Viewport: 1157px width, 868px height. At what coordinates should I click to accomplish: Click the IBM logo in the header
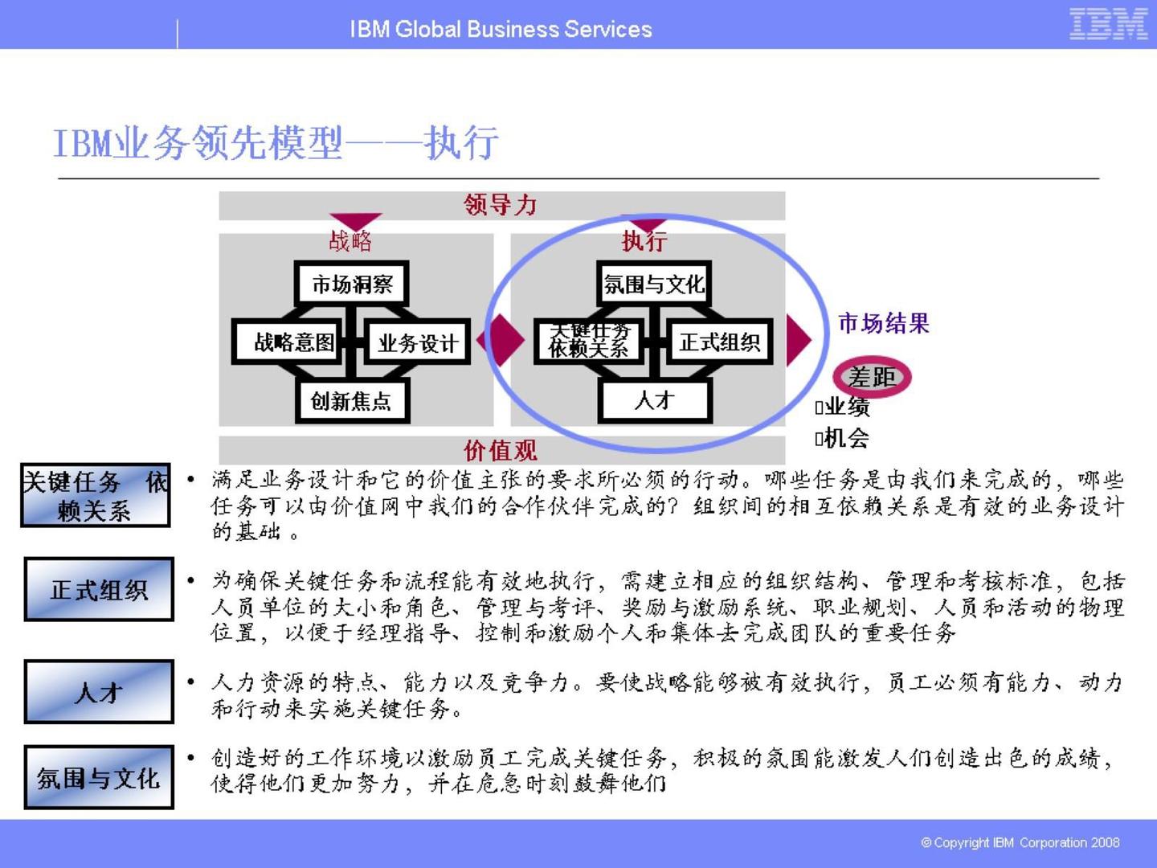click(x=1108, y=24)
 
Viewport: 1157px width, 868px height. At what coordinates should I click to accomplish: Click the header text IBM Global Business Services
click(x=501, y=30)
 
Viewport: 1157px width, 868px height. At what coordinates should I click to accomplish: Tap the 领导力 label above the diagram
click(x=501, y=205)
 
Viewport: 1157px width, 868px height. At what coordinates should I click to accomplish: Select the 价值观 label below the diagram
click(x=501, y=450)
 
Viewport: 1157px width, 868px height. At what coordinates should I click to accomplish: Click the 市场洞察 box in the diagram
click(x=352, y=284)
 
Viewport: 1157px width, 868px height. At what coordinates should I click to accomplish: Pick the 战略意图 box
click(x=293, y=342)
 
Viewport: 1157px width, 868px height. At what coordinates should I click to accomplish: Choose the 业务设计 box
click(x=417, y=343)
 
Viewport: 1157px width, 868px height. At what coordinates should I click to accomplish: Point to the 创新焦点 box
click(x=351, y=401)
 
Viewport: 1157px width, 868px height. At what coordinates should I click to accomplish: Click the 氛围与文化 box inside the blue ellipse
click(x=653, y=284)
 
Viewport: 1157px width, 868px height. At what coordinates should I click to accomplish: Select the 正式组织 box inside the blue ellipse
click(x=719, y=342)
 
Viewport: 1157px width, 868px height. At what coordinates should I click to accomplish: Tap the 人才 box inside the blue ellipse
click(x=654, y=400)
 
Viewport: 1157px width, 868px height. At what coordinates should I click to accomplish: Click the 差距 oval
click(x=872, y=376)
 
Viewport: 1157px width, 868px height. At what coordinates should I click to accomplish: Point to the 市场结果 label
click(x=883, y=323)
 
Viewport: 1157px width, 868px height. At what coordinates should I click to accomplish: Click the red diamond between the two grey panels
click(x=501, y=340)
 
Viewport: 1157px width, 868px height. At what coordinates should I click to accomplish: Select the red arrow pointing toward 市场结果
click(x=797, y=339)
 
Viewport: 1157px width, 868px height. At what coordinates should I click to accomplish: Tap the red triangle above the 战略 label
click(x=355, y=221)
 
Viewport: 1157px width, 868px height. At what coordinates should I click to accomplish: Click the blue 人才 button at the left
click(x=99, y=692)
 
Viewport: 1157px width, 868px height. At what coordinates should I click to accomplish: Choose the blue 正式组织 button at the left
click(x=99, y=590)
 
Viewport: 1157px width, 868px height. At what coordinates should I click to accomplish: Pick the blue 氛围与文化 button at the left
click(x=99, y=777)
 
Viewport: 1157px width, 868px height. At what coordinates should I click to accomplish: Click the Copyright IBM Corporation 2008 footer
click(x=1020, y=842)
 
